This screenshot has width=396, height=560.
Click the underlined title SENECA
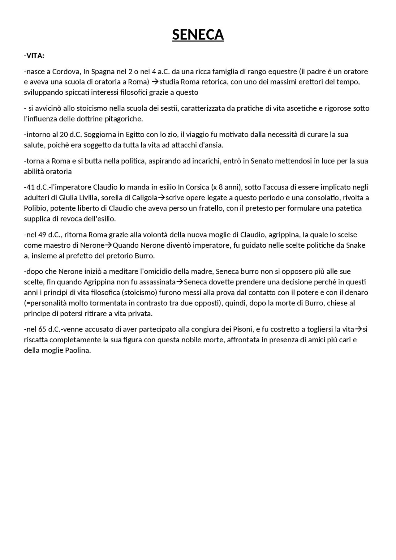point(198,35)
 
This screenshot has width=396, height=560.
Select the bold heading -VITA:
point(34,56)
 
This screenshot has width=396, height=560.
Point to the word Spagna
point(103,72)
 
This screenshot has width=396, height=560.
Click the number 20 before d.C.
point(64,135)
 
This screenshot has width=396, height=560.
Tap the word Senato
point(261,161)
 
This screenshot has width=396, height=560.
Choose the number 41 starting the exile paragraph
point(31,187)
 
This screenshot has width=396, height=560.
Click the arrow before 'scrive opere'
point(161,198)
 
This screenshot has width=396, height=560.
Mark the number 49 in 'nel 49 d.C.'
point(42,235)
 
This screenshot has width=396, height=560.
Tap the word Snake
point(355,246)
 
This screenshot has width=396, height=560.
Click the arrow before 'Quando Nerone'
point(108,246)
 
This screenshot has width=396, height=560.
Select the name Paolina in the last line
point(77,351)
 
